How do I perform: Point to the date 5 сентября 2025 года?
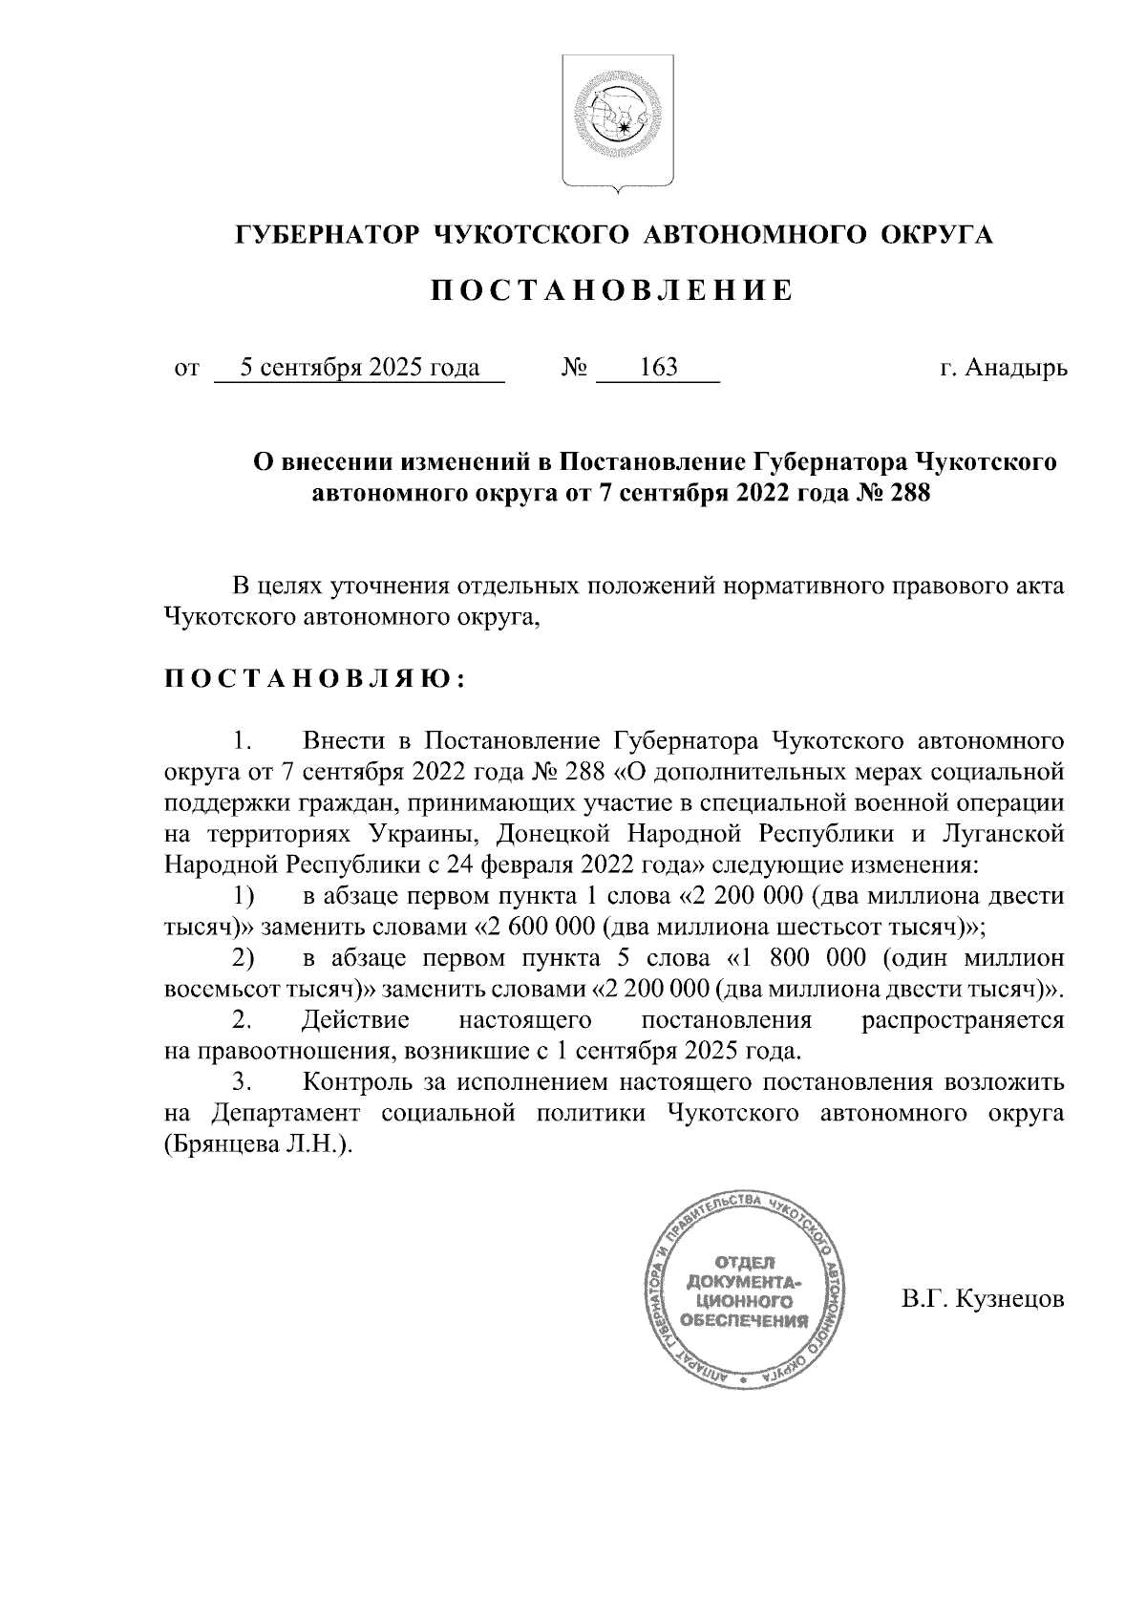[x=359, y=368]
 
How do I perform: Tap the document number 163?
[x=658, y=368]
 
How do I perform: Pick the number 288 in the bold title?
[x=908, y=494]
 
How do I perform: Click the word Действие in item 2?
[x=355, y=1020]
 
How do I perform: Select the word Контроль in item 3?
[x=356, y=1082]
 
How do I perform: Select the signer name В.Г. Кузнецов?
[x=983, y=1300]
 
